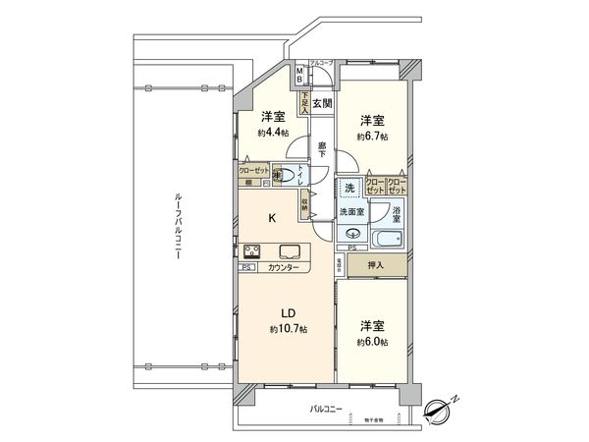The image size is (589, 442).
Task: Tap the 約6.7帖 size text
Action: click(x=371, y=137)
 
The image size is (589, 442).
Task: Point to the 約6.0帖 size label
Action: click(x=371, y=342)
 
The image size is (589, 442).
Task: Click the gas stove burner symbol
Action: click(x=251, y=250)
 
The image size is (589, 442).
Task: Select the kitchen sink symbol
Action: click(x=291, y=250)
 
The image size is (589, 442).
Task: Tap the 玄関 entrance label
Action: click(x=322, y=103)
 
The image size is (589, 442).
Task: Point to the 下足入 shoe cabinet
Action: click(x=305, y=103)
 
